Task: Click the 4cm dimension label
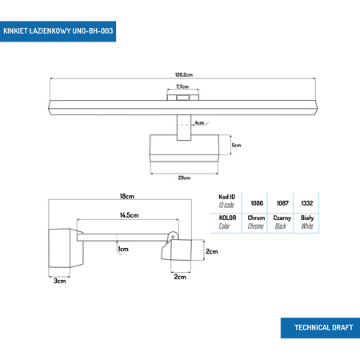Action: point(199,123)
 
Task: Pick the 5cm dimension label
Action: point(237,146)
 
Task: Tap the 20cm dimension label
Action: point(184,177)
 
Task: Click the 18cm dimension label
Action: point(126,196)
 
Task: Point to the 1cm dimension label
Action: point(123,250)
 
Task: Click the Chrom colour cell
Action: point(256,222)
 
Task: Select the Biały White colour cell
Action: point(306,222)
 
